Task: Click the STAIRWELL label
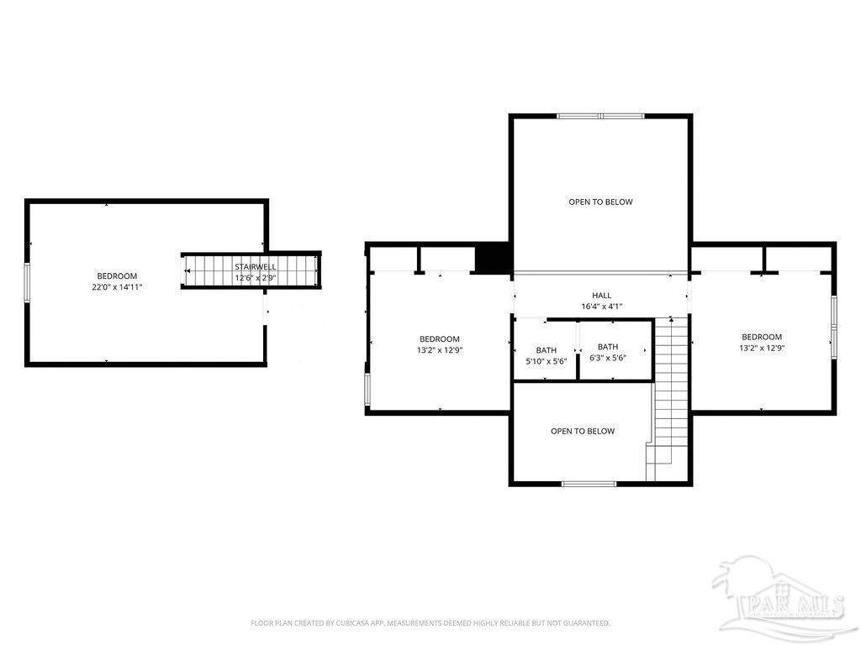click(x=256, y=266)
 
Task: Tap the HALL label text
click(x=602, y=296)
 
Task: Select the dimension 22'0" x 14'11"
click(x=117, y=286)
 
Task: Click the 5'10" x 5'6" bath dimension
click(x=546, y=361)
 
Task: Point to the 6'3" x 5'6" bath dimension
click(x=608, y=358)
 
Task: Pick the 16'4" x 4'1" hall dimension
click(x=602, y=307)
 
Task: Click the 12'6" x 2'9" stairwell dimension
click(x=256, y=278)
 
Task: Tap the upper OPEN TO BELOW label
click(x=600, y=202)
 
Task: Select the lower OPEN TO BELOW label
click(x=583, y=431)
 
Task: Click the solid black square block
click(x=493, y=259)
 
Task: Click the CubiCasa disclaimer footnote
click(x=430, y=623)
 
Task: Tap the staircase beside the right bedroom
click(x=668, y=399)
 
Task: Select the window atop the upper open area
click(x=600, y=116)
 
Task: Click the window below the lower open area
click(x=589, y=484)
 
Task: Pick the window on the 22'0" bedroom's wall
click(x=27, y=282)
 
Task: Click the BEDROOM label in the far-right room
click(x=762, y=337)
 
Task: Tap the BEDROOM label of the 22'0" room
click(x=117, y=275)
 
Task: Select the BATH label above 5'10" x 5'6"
click(x=546, y=350)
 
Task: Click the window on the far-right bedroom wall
click(x=833, y=328)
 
